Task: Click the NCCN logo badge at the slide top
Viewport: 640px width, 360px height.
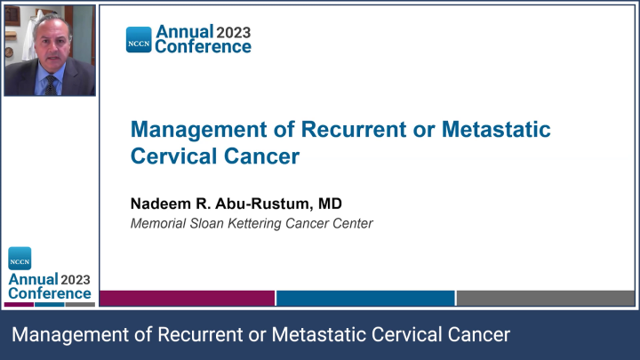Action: tap(140, 39)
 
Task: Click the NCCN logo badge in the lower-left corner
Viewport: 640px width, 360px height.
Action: tap(20, 260)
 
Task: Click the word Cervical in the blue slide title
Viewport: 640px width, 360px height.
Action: tap(172, 156)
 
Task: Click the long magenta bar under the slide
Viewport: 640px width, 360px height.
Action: tap(187, 298)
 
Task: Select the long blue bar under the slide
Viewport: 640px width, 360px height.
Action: tap(364, 298)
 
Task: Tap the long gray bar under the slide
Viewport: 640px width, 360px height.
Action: tap(543, 298)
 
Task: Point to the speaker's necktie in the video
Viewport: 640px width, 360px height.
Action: tap(52, 84)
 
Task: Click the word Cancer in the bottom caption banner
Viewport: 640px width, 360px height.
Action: tap(479, 335)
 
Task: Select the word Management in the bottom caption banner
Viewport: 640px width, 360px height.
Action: tap(66, 335)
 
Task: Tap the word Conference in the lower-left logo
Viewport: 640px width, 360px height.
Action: tap(50, 292)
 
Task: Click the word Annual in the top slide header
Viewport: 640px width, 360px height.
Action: tap(184, 32)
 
